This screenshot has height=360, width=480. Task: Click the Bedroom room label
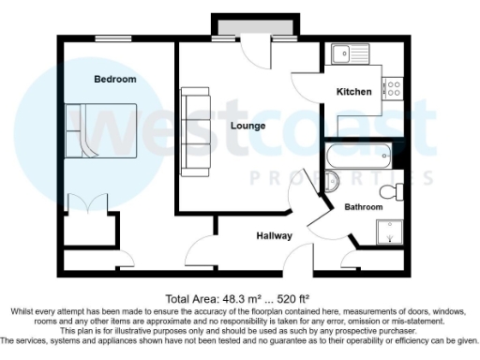pyautogui.click(x=114, y=80)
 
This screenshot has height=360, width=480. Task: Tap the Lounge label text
pyautogui.click(x=247, y=126)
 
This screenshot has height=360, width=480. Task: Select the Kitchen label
pyautogui.click(x=354, y=92)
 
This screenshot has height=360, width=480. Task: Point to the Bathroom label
pyautogui.click(x=363, y=206)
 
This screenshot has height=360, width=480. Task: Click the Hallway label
pyautogui.click(x=273, y=235)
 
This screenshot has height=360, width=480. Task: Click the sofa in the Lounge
pyautogui.click(x=196, y=131)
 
